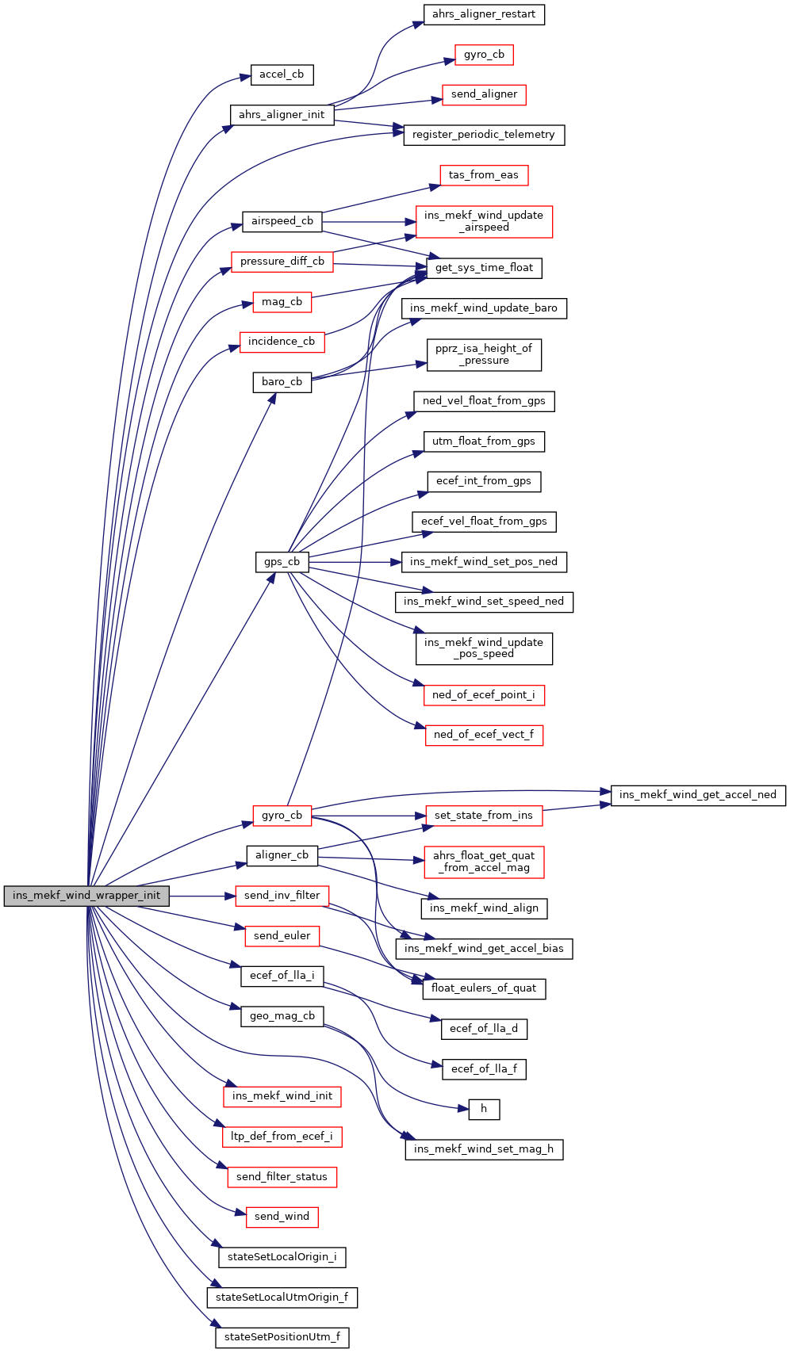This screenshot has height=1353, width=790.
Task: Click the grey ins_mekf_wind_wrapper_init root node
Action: pyautogui.click(x=86, y=896)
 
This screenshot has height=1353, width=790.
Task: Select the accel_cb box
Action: pyautogui.click(x=282, y=75)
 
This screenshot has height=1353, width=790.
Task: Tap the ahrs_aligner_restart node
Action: pyautogui.click(x=484, y=14)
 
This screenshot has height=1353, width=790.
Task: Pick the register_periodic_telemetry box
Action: pyautogui.click(x=484, y=135)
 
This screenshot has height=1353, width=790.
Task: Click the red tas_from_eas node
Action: pyautogui.click(x=484, y=175)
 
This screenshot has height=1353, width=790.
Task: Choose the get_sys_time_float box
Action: pyautogui.click(x=484, y=268)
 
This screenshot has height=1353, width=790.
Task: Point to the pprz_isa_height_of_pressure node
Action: pyautogui.click(x=484, y=354)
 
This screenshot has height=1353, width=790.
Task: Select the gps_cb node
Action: pyautogui.click(x=282, y=562)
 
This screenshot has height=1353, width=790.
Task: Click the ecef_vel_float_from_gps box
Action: pyautogui.click(x=484, y=522)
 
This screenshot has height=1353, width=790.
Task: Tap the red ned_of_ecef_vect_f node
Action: pyautogui.click(x=484, y=735)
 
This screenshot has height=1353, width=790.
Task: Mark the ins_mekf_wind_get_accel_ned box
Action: pyautogui.click(x=698, y=795)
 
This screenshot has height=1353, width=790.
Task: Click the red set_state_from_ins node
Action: pyautogui.click(x=484, y=816)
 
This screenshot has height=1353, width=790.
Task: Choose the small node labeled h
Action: pyautogui.click(x=484, y=1109)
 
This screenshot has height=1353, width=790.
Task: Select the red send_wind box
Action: pyautogui.click(x=282, y=1217)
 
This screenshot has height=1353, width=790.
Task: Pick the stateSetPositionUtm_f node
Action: pyautogui.click(x=282, y=1337)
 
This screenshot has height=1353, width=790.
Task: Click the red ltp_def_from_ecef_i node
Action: pyautogui.click(x=282, y=1137)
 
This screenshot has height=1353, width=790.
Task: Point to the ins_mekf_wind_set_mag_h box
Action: pyautogui.click(x=484, y=1149)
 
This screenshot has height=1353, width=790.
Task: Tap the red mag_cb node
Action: pyautogui.click(x=282, y=302)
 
